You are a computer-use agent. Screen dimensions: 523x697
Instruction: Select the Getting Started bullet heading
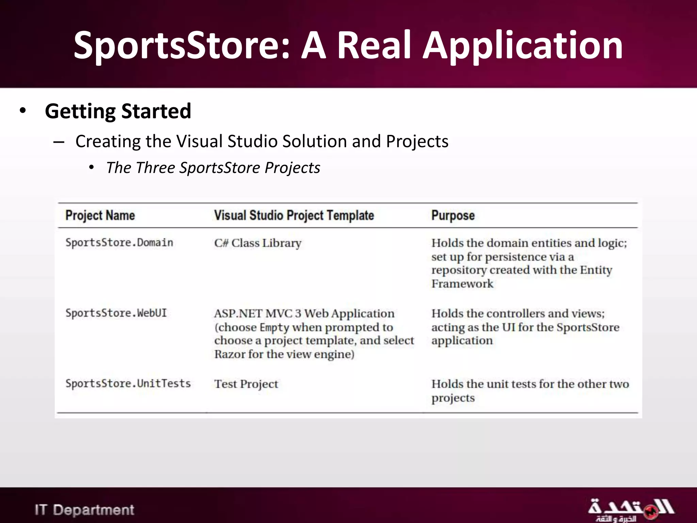[118, 111]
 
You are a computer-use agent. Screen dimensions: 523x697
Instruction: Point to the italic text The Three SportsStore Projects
[213, 168]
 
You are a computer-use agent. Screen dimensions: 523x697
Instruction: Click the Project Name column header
[100, 215]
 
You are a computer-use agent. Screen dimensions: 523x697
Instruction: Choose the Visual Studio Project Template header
[294, 215]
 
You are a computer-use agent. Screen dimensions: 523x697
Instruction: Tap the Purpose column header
[453, 215]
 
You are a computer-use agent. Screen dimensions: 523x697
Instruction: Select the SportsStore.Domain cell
[119, 243]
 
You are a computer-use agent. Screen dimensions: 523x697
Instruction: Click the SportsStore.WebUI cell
[116, 313]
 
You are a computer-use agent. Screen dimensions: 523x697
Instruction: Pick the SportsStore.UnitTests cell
[128, 383]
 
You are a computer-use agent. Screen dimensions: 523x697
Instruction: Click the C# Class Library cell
[258, 243]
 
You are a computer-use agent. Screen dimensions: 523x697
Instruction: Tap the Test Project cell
[246, 384]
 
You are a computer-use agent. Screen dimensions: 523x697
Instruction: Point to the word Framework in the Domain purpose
[462, 284]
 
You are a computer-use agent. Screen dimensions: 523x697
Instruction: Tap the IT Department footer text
[84, 510]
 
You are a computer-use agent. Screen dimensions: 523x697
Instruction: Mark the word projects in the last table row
[453, 398]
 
